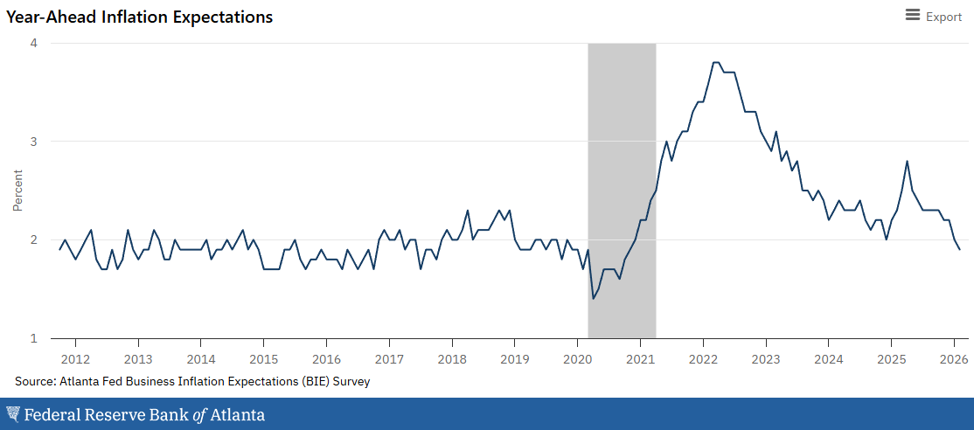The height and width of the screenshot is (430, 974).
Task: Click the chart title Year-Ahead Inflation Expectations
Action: point(140,17)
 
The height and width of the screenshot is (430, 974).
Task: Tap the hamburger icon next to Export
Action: point(913,15)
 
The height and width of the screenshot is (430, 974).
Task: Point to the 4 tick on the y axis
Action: point(32,43)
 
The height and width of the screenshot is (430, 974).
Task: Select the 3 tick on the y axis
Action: point(32,141)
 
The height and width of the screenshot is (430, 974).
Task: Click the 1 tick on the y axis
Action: point(32,338)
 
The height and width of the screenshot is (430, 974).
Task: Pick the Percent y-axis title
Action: point(17,190)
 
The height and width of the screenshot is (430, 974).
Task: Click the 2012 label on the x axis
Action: point(75,359)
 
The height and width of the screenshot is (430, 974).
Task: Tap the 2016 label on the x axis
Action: point(326,359)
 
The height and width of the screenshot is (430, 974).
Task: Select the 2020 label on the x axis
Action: point(577,359)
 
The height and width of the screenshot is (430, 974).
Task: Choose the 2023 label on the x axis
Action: point(766,359)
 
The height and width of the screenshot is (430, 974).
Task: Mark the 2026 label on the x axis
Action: point(954,359)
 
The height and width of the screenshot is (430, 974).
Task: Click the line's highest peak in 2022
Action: point(716,62)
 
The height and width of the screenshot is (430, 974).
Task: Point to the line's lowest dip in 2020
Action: point(594,299)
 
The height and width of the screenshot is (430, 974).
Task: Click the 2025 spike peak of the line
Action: point(907,161)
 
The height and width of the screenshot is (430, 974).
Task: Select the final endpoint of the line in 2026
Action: point(959,249)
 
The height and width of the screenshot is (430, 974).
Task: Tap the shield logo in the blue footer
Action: point(13,414)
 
